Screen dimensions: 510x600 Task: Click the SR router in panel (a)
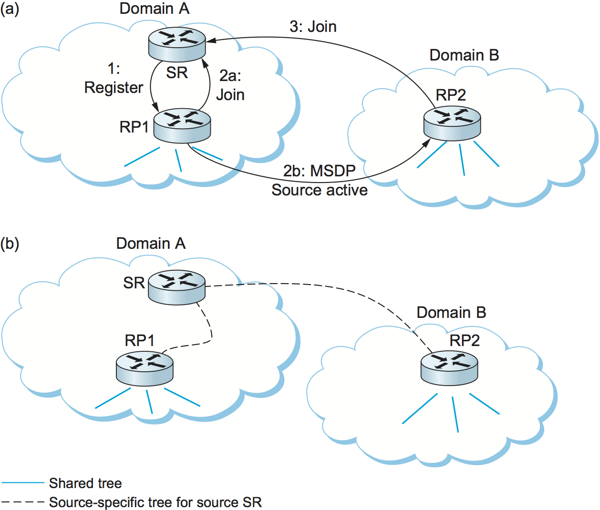click(176, 44)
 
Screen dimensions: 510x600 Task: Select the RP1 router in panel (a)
click(182, 125)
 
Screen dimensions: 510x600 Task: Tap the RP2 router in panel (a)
click(452, 123)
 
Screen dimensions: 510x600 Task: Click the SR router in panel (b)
click(176, 287)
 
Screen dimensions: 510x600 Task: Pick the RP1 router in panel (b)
click(145, 368)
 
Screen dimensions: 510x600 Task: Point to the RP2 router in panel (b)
click(449, 368)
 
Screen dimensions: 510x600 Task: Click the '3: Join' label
click(313, 27)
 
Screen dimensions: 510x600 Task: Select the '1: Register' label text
click(114, 79)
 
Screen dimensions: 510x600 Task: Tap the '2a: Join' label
click(230, 85)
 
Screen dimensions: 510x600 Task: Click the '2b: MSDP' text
click(320, 171)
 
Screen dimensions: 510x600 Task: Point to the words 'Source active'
click(320, 190)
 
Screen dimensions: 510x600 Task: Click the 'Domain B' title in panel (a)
click(464, 55)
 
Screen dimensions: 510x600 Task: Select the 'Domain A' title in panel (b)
click(151, 244)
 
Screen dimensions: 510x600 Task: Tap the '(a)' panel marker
click(10, 9)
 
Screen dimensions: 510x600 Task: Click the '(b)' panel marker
click(10, 244)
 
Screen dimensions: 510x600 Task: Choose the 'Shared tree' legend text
click(85, 483)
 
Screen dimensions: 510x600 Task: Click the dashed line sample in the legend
click(22, 502)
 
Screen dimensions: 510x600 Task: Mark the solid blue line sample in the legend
click(22, 483)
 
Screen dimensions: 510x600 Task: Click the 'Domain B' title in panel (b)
click(451, 313)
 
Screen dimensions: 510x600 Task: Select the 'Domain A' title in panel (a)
click(154, 9)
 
